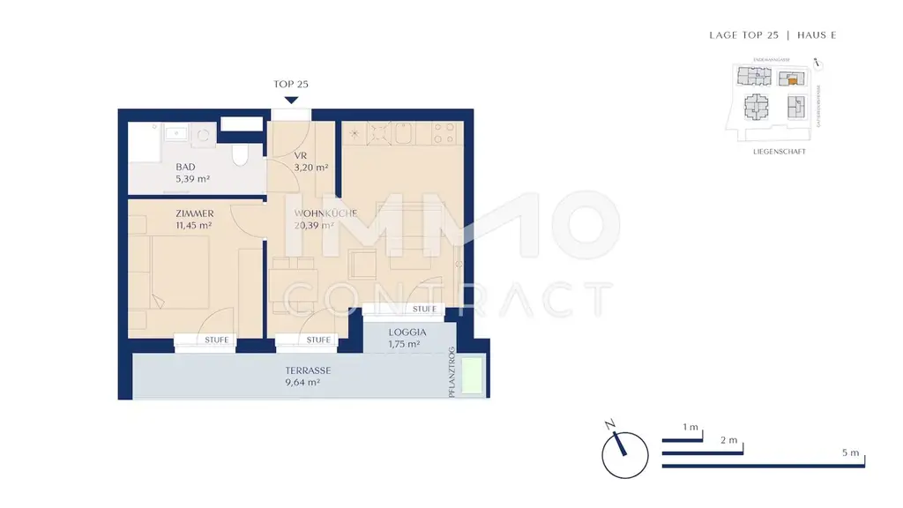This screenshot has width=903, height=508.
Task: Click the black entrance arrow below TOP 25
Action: tap(291, 101)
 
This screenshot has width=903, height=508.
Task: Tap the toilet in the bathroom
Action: tap(241, 153)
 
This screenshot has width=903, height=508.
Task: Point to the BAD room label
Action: tap(185, 167)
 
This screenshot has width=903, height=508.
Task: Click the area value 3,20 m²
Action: tap(310, 167)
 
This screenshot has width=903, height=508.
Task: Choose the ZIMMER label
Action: tap(193, 213)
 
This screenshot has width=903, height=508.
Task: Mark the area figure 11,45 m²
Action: tap(193, 225)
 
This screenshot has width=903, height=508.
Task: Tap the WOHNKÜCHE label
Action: tap(314, 214)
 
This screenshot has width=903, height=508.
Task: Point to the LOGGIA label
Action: tap(407, 332)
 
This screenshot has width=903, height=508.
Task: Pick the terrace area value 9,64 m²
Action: tap(302, 384)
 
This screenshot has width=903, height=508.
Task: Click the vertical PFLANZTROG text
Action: tap(451, 371)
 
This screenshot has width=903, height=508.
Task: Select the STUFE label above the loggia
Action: tap(425, 310)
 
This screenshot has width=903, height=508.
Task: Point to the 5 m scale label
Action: tap(850, 452)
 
